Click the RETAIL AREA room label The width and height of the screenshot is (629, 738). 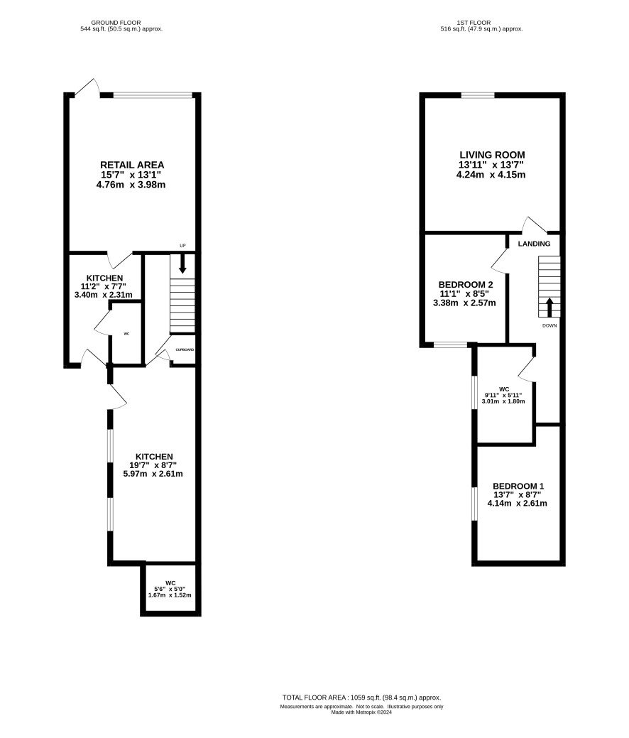(x=132, y=165)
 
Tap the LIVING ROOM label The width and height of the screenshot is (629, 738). (x=492, y=155)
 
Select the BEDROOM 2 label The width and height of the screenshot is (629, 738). (x=466, y=285)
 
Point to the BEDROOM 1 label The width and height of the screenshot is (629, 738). (x=518, y=486)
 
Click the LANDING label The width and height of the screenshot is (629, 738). (x=534, y=244)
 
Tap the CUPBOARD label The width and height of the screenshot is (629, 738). (x=185, y=349)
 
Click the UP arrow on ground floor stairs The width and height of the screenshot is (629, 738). (x=182, y=264)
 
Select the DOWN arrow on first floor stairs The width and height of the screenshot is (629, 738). (x=549, y=307)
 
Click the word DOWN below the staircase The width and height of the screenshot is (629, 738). (x=549, y=326)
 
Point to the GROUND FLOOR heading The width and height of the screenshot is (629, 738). (x=116, y=23)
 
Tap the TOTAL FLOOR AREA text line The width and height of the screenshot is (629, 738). (x=362, y=698)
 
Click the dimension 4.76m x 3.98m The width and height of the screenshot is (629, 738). (x=131, y=185)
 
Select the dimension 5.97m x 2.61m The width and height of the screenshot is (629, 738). (x=153, y=474)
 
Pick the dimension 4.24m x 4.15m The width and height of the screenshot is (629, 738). (x=491, y=175)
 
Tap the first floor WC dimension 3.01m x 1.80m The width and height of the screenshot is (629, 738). (x=503, y=401)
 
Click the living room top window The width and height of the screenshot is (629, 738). (x=478, y=96)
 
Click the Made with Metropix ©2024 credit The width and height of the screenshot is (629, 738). (x=361, y=712)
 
